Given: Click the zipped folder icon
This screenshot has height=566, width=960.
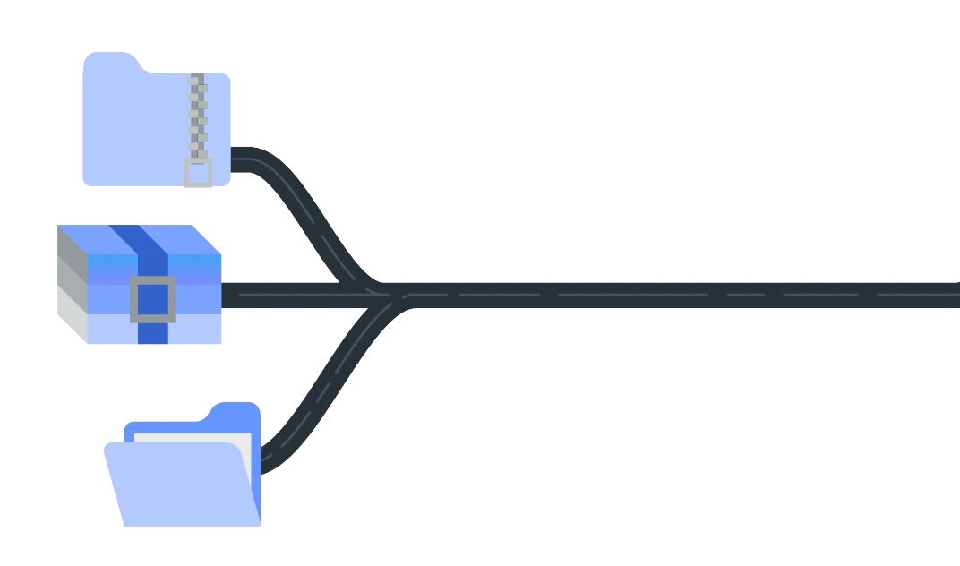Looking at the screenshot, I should point(143,125).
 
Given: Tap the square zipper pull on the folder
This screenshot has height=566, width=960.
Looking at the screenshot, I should point(198,172).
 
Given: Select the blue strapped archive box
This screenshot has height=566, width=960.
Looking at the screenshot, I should point(140,284).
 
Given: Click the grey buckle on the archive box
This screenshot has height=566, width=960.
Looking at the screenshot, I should point(150,299).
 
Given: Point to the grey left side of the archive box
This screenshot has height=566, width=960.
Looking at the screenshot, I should point(71,285).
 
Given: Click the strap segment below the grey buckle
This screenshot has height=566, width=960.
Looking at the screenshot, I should point(153,332).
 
